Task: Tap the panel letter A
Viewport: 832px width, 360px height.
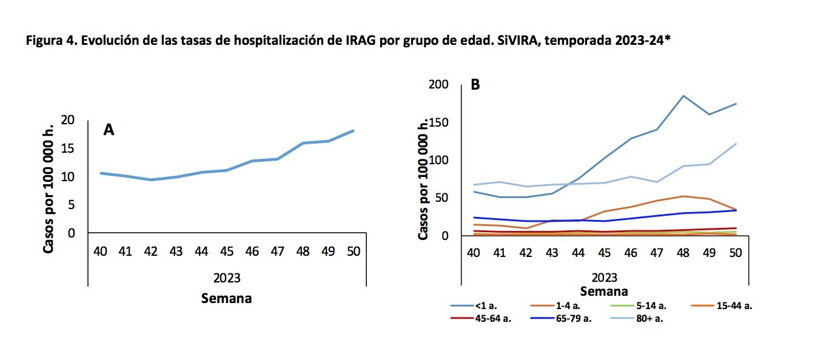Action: point(109,130)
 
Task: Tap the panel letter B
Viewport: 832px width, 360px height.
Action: point(475,85)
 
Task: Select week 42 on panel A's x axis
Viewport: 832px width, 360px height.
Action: point(150,251)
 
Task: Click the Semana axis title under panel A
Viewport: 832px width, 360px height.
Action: point(227,298)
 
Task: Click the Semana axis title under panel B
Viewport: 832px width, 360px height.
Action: point(604,291)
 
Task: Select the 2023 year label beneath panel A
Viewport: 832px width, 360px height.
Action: point(227,278)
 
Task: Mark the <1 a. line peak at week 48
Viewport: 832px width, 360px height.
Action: point(683,96)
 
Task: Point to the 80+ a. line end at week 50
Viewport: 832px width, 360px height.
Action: point(736,144)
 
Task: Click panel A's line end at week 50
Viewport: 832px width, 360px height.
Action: point(353,131)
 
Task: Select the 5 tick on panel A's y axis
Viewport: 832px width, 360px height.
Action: point(72,205)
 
